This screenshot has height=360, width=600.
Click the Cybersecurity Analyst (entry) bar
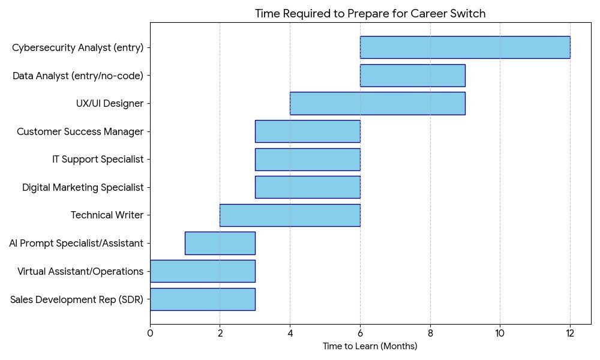pyautogui.click(x=465, y=47)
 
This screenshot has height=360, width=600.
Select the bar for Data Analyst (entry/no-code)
pyautogui.click(x=412, y=76)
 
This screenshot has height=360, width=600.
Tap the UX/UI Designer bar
pyautogui.click(x=377, y=103)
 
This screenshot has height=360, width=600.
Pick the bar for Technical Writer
pyautogui.click(x=290, y=215)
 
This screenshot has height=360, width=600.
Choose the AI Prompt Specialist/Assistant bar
pyautogui.click(x=220, y=243)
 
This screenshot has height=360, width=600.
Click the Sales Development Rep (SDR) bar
pyautogui.click(x=202, y=299)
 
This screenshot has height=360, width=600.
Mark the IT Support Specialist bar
pyautogui.click(x=307, y=159)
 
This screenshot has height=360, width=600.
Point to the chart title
pyautogui.click(x=370, y=14)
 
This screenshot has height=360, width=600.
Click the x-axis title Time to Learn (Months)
pyautogui.click(x=370, y=346)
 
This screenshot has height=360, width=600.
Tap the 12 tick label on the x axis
pyautogui.click(x=570, y=333)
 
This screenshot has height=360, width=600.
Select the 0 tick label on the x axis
pyautogui.click(x=150, y=333)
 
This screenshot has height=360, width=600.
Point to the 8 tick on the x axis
pyautogui.click(x=430, y=333)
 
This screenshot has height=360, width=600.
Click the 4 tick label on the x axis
pyautogui.click(x=290, y=333)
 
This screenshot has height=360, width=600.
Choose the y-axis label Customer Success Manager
pyautogui.click(x=80, y=131)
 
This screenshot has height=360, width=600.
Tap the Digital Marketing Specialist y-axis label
pyautogui.click(x=83, y=187)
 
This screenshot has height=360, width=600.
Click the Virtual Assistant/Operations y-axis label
pyautogui.click(x=80, y=271)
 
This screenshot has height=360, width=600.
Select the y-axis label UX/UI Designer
pyautogui.click(x=110, y=103)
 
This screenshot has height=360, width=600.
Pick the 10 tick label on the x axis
pyautogui.click(x=500, y=333)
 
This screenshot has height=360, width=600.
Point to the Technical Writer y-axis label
pyautogui.click(x=107, y=215)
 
